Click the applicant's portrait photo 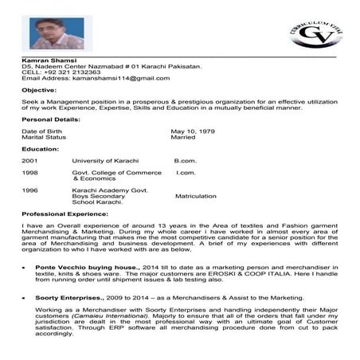click(x=57, y=33)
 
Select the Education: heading click(x=41, y=149)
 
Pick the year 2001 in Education click(x=29, y=161)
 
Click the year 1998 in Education click(x=29, y=173)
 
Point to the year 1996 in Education click(x=29, y=190)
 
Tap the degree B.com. click(x=185, y=161)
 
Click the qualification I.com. click(x=186, y=173)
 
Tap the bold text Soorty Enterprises click(x=68, y=295)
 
